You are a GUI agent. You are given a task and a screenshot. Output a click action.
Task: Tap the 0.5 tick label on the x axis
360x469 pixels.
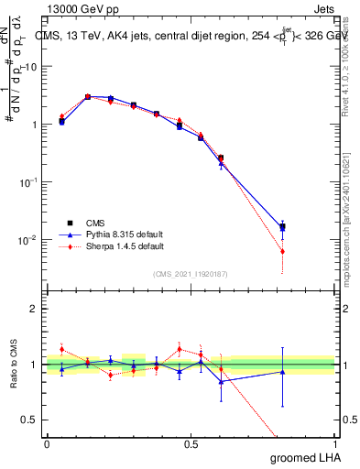(x=191, y=442)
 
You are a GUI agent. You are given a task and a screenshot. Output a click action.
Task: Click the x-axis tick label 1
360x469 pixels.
(x=334, y=442)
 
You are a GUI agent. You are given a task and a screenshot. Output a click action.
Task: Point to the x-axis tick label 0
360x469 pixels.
(x=47, y=442)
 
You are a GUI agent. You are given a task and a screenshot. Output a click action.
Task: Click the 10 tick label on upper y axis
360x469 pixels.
(x=32, y=67)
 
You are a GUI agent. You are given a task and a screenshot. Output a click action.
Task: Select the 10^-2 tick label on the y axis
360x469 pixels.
(x=30, y=240)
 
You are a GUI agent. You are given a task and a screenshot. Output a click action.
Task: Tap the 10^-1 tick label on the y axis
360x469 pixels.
(x=30, y=182)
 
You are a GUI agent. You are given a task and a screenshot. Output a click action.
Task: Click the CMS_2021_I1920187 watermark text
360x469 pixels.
(x=191, y=273)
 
